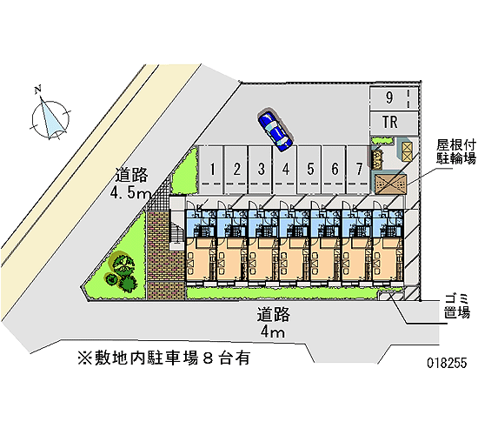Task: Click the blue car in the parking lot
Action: (x=276, y=130)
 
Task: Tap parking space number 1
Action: (x=210, y=170)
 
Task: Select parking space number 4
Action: (x=285, y=170)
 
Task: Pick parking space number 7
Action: (x=358, y=170)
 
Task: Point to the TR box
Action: (x=394, y=123)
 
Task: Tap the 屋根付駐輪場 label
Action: (x=456, y=151)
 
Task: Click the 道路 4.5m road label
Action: (x=131, y=184)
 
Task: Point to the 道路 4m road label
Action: (x=273, y=323)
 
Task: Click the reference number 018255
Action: (x=447, y=364)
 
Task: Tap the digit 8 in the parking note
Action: (x=208, y=358)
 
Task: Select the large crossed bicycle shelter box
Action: (x=390, y=184)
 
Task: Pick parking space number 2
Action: (x=236, y=170)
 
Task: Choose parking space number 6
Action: (x=334, y=170)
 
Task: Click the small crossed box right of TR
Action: (x=407, y=151)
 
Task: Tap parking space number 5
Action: (x=309, y=170)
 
